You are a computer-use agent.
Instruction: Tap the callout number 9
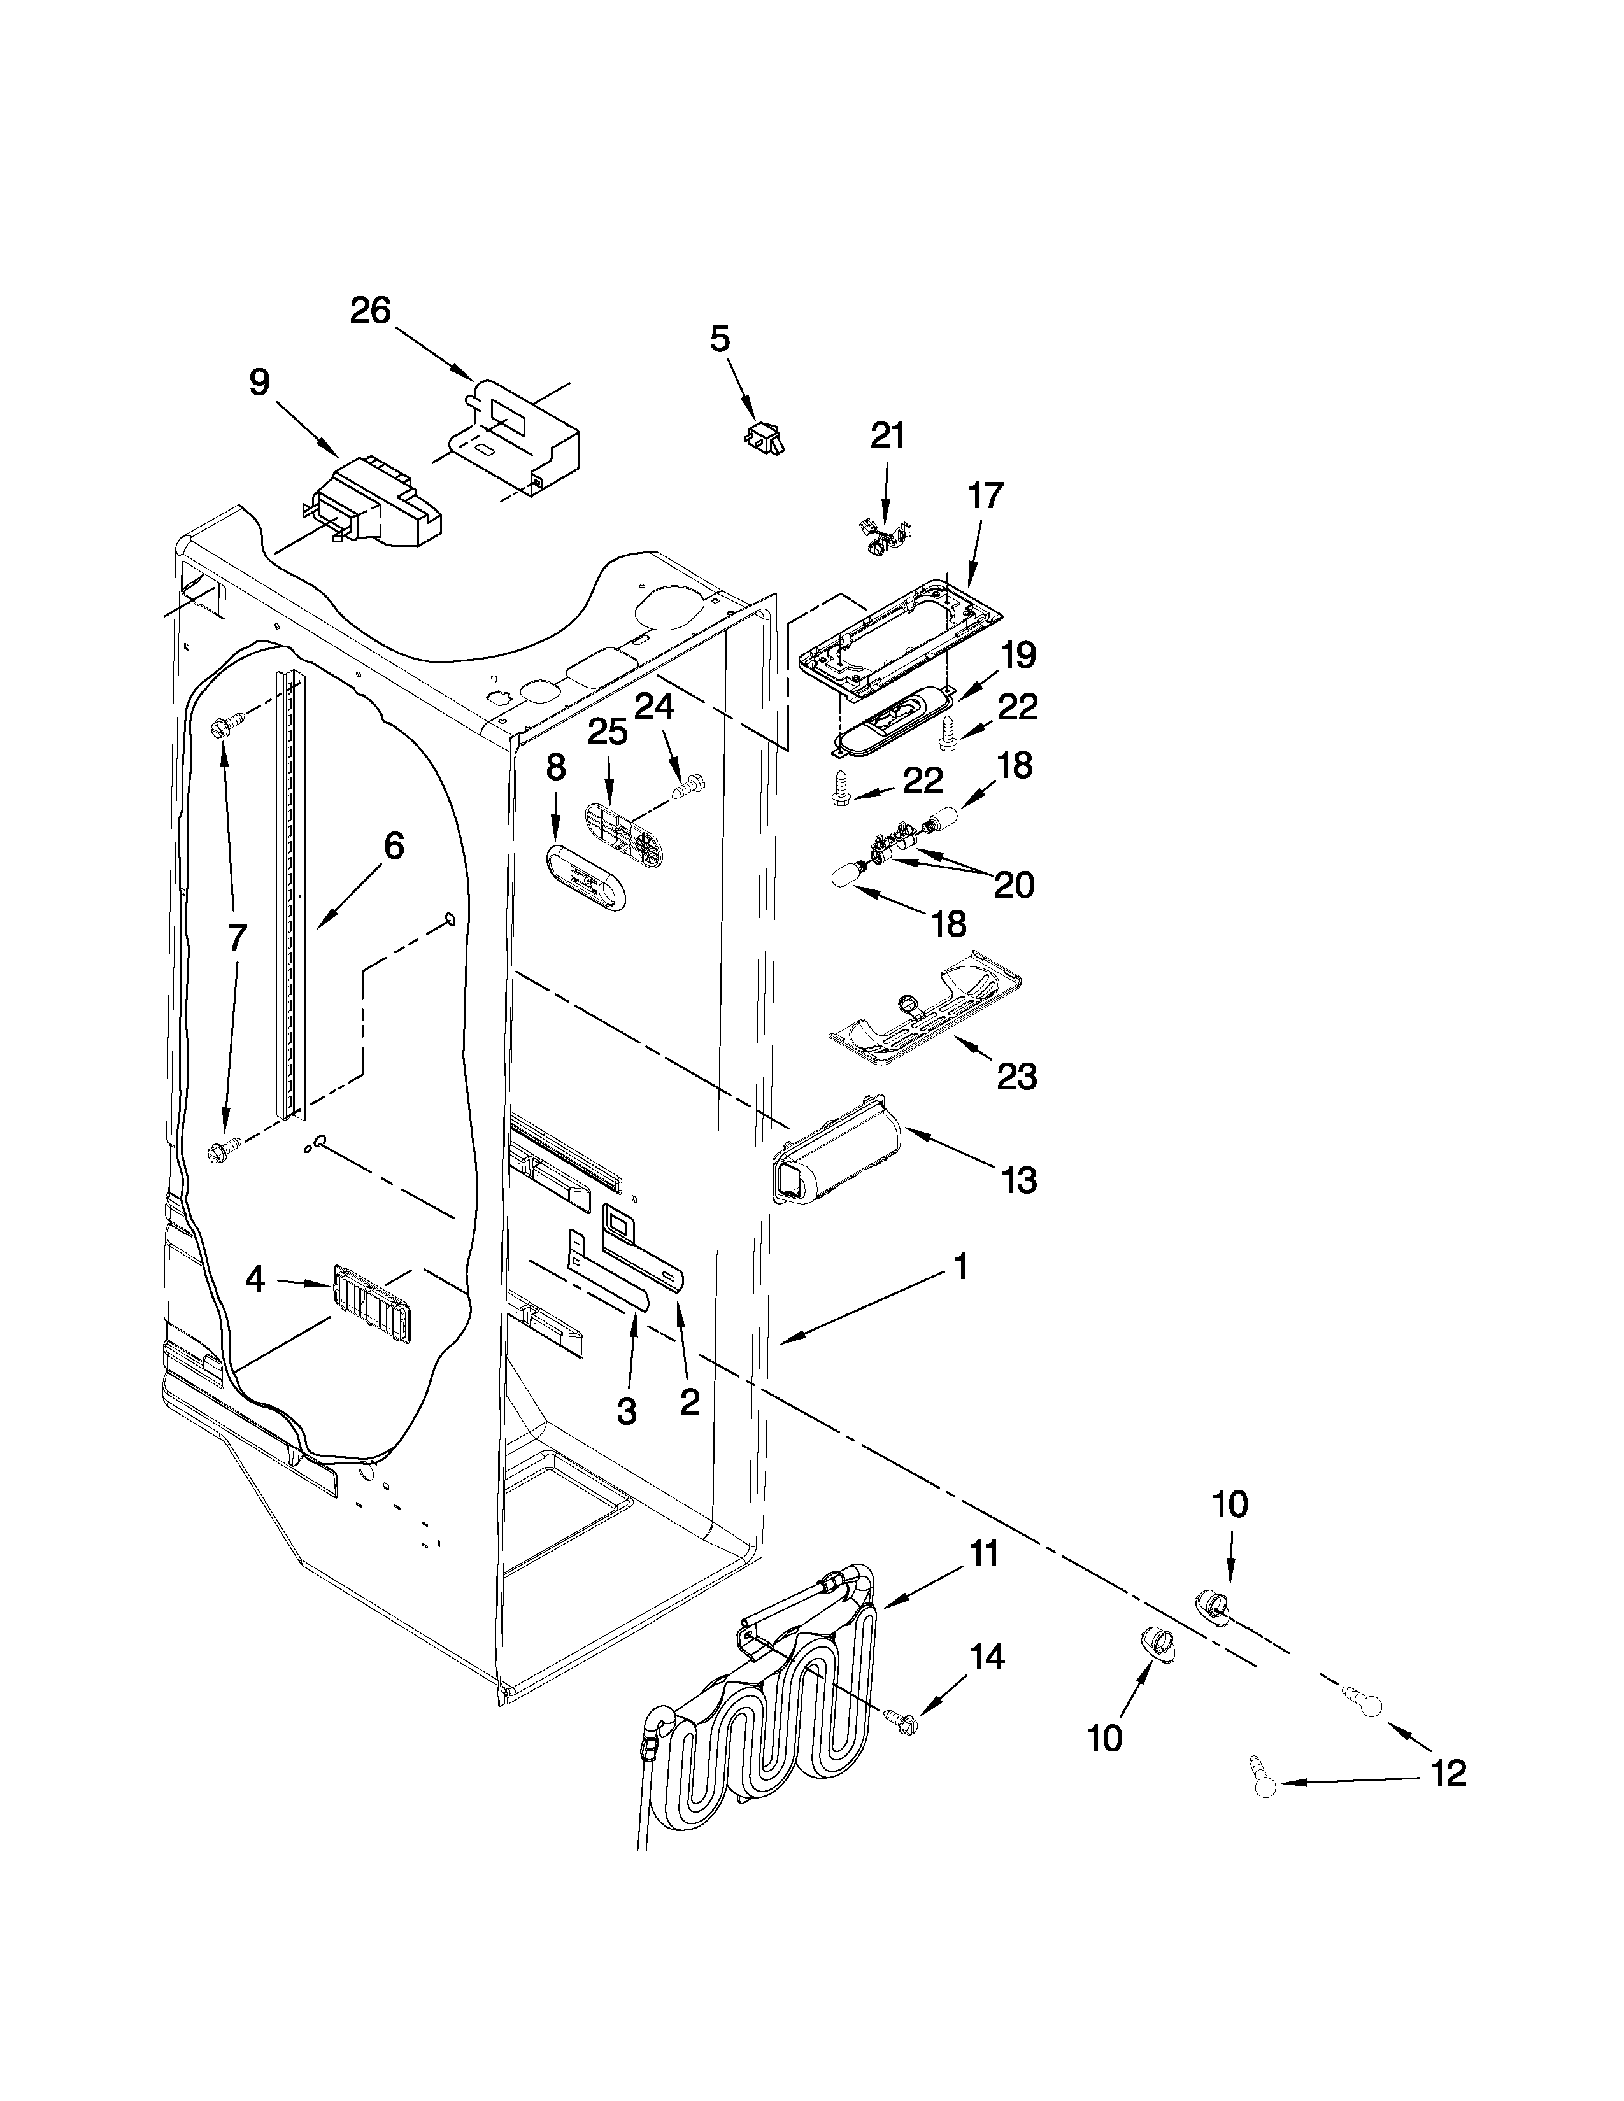[x=260, y=383]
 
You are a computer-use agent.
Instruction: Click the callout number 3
[x=626, y=1411]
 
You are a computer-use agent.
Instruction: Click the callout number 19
[x=1018, y=655]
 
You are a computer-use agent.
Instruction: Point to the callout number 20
[x=1013, y=884]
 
